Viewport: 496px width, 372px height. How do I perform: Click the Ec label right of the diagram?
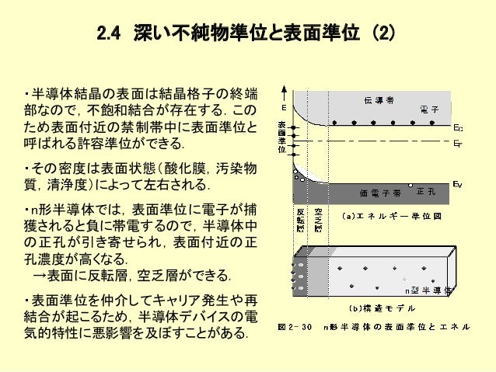coord(459,127)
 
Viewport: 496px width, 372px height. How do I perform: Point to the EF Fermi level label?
coord(459,143)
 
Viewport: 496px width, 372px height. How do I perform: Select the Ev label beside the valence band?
coord(459,184)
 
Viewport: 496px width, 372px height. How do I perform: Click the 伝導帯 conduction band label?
coord(378,100)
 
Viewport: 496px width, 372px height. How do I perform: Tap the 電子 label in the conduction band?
coord(427,108)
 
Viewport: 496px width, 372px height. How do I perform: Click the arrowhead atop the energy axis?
coord(290,87)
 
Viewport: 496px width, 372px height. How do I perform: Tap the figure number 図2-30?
coord(295,326)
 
